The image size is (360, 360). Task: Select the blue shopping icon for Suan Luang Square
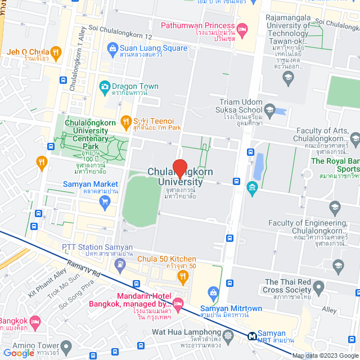pos(113,48)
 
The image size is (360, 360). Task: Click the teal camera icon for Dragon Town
pos(104,87)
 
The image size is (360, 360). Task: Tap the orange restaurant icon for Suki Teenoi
pos(125,121)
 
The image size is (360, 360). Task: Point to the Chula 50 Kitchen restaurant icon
pos(182,276)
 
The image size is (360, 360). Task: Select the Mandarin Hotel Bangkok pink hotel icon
pos(178,304)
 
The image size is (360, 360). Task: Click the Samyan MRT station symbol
pos(253,336)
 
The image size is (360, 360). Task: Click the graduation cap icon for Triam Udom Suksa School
pos(269,110)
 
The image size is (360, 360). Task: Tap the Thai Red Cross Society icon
pos(318,289)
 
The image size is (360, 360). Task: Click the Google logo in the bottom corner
pos(19,353)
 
